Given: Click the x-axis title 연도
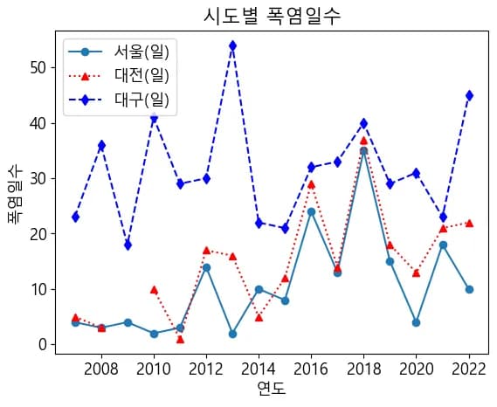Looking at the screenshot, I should tap(272, 389).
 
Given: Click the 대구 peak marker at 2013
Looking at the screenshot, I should tap(232, 45).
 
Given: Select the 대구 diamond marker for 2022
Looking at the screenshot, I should tap(469, 95).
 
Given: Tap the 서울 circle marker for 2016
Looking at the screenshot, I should tap(311, 211).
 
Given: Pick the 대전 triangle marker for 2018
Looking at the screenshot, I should tap(363, 140).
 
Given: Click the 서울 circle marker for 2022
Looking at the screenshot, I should tap(469, 289).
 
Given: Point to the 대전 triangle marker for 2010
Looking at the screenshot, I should tap(154, 289).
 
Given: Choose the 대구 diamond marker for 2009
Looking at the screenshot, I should tap(128, 245).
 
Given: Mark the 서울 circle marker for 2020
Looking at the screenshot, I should tap(417, 322).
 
